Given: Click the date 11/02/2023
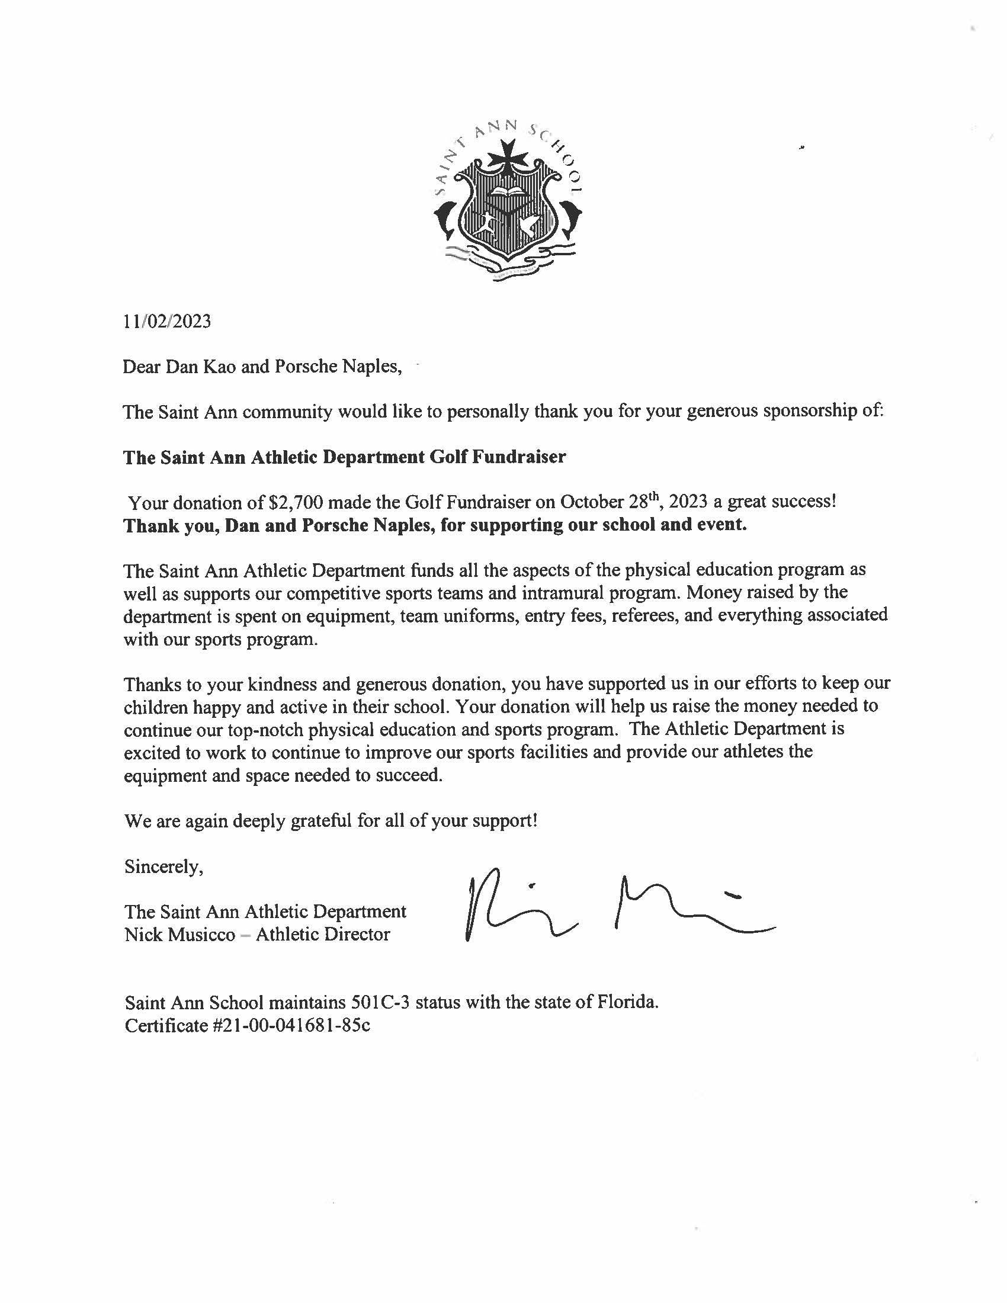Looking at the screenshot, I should click(x=166, y=322).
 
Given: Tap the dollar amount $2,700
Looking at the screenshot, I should click(x=296, y=502).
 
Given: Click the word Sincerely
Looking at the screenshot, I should click(x=163, y=866).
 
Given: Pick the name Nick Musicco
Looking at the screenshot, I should click(x=179, y=934).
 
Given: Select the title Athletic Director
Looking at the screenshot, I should click(x=323, y=934).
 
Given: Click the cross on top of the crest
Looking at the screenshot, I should click(x=508, y=159).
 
